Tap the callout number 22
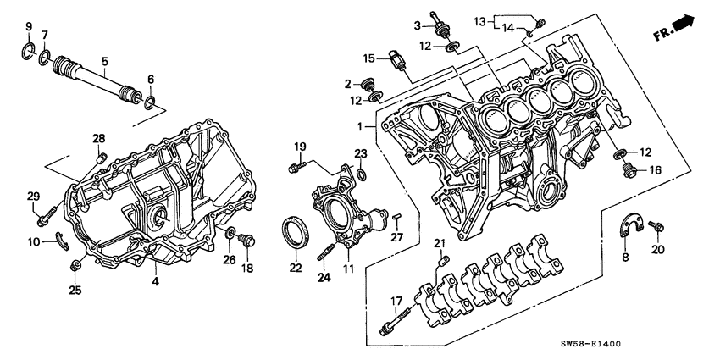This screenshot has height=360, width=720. tap(294, 268)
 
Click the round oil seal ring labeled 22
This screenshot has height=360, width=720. tap(294, 232)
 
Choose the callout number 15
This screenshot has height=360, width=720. tap(369, 58)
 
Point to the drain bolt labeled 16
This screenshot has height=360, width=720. tap(629, 174)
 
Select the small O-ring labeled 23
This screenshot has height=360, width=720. tap(362, 174)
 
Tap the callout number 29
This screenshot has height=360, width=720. tap(34, 197)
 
